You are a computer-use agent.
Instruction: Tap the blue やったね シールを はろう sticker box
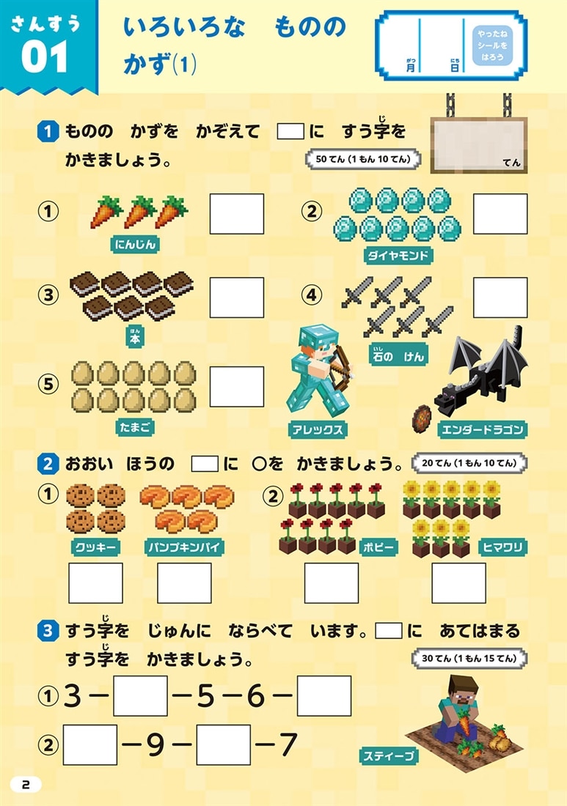[488, 47]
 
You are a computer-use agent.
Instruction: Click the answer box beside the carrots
[236, 213]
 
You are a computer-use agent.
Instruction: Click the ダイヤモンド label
[398, 255]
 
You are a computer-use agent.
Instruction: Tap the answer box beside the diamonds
[500, 213]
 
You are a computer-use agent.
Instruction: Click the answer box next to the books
[236, 297]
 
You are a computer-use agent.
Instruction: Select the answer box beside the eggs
[236, 387]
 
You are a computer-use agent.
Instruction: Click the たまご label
[134, 426]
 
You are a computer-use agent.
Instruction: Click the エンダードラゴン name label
[482, 429]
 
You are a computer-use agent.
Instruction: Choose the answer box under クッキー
[95, 583]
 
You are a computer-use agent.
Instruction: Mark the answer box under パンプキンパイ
[184, 583]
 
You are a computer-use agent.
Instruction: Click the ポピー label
[378, 547]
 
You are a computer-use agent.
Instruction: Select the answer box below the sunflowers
[458, 583]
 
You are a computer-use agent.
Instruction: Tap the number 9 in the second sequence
[153, 745]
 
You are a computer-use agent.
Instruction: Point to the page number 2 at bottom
[26, 784]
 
